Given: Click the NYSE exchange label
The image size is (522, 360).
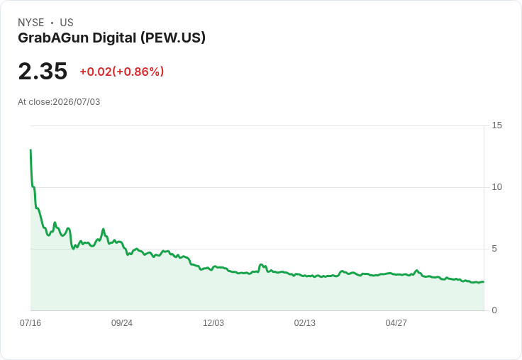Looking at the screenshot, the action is tap(31, 23).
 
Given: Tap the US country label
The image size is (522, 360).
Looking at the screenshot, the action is tap(67, 23).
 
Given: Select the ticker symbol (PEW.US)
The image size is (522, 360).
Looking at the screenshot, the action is tap(173, 38).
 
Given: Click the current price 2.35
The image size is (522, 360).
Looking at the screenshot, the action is tap(43, 71).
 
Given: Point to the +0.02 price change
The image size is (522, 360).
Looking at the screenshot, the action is tap(96, 72).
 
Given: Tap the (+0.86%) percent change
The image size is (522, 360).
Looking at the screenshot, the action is tap(138, 72).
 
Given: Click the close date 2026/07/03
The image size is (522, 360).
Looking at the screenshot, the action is tap(76, 102).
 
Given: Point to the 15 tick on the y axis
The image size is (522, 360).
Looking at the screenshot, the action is tap(496, 125).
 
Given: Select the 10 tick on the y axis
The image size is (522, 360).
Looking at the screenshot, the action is tap(496, 187).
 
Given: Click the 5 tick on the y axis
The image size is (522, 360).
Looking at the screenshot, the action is tap(494, 249).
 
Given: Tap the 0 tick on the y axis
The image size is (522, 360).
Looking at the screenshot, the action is tap(494, 310).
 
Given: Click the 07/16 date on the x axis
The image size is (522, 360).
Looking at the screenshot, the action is tap(30, 322).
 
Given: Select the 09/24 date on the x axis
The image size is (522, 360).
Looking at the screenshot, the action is tap(122, 322).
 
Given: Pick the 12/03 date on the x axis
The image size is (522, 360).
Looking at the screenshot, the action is tap(213, 322).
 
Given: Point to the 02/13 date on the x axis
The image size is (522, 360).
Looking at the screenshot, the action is tap(304, 322).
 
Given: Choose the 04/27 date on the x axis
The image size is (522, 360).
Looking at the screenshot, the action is tap(396, 322).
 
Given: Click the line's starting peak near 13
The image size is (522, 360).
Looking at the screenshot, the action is tap(30, 150).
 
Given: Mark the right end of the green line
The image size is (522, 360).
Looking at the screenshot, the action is tap(484, 282).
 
